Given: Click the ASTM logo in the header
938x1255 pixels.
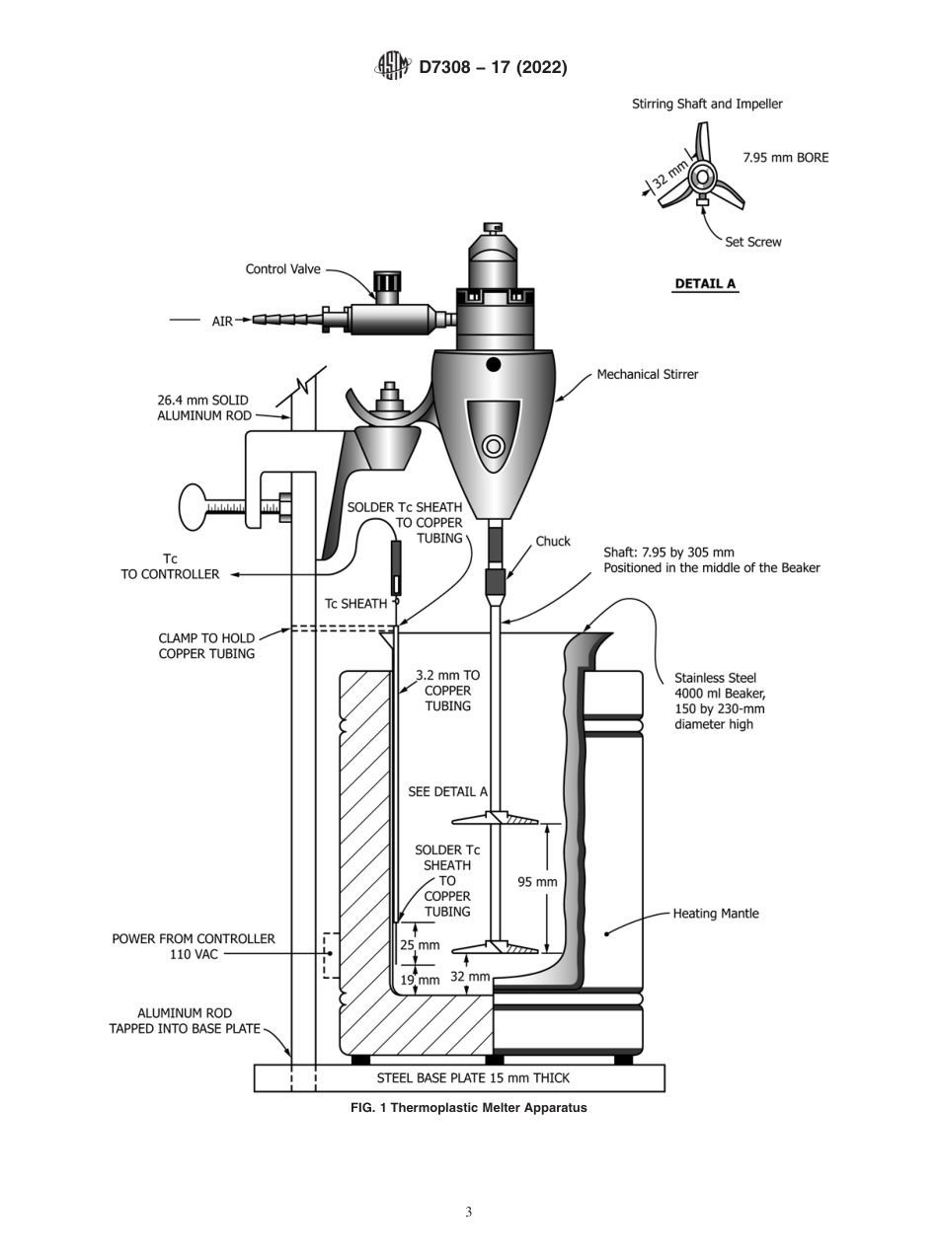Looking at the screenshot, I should tap(392, 66).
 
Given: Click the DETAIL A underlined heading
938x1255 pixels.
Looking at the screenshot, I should tap(704, 284).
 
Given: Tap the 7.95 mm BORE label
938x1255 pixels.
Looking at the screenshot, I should tap(785, 157).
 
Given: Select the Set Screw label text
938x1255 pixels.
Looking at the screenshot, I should tap(752, 242).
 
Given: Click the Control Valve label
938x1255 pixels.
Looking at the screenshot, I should tap(282, 269).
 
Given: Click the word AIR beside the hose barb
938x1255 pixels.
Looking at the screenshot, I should tap(222, 321).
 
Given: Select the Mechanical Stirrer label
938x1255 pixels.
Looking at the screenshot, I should tap(647, 375).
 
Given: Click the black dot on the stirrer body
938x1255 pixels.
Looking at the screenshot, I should tap(494, 364).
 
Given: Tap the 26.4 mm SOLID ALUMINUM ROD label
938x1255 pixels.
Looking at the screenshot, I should tap(202, 408).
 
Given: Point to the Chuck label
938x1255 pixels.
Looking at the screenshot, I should tap(553, 542).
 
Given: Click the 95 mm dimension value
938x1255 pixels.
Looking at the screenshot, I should tap(537, 882).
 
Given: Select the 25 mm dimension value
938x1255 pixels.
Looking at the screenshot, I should tap(419, 945).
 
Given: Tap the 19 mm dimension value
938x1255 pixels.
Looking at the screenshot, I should tap(420, 980).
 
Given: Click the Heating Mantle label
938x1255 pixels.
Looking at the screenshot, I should tap(716, 914).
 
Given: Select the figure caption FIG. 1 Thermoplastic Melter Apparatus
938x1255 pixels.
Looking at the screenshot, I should tap(468, 1108).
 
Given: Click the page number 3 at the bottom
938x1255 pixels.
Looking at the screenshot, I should tap(468, 1212).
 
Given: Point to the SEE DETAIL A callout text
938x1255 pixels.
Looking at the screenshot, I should tap(447, 792).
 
